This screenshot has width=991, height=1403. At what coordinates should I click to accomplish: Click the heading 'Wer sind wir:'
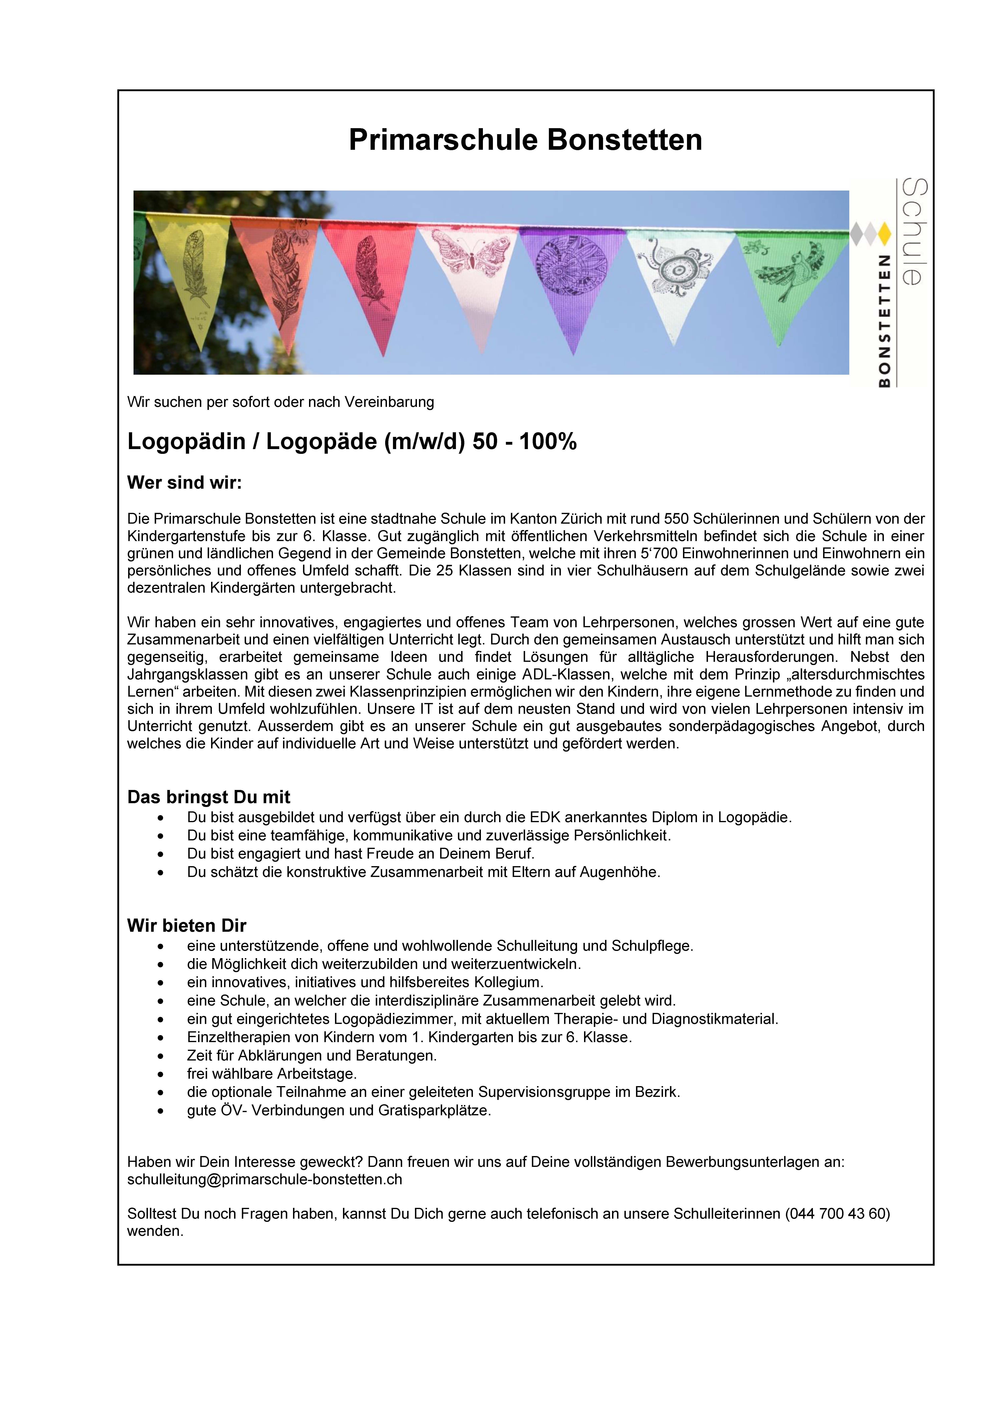pyautogui.click(x=184, y=483)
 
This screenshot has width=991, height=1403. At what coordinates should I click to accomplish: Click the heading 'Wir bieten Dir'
pyautogui.click(x=186, y=925)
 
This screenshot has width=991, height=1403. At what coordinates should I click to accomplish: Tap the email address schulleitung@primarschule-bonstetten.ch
pyautogui.click(x=265, y=1179)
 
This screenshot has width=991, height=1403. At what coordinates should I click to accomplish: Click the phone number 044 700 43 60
pyautogui.click(x=837, y=1214)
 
